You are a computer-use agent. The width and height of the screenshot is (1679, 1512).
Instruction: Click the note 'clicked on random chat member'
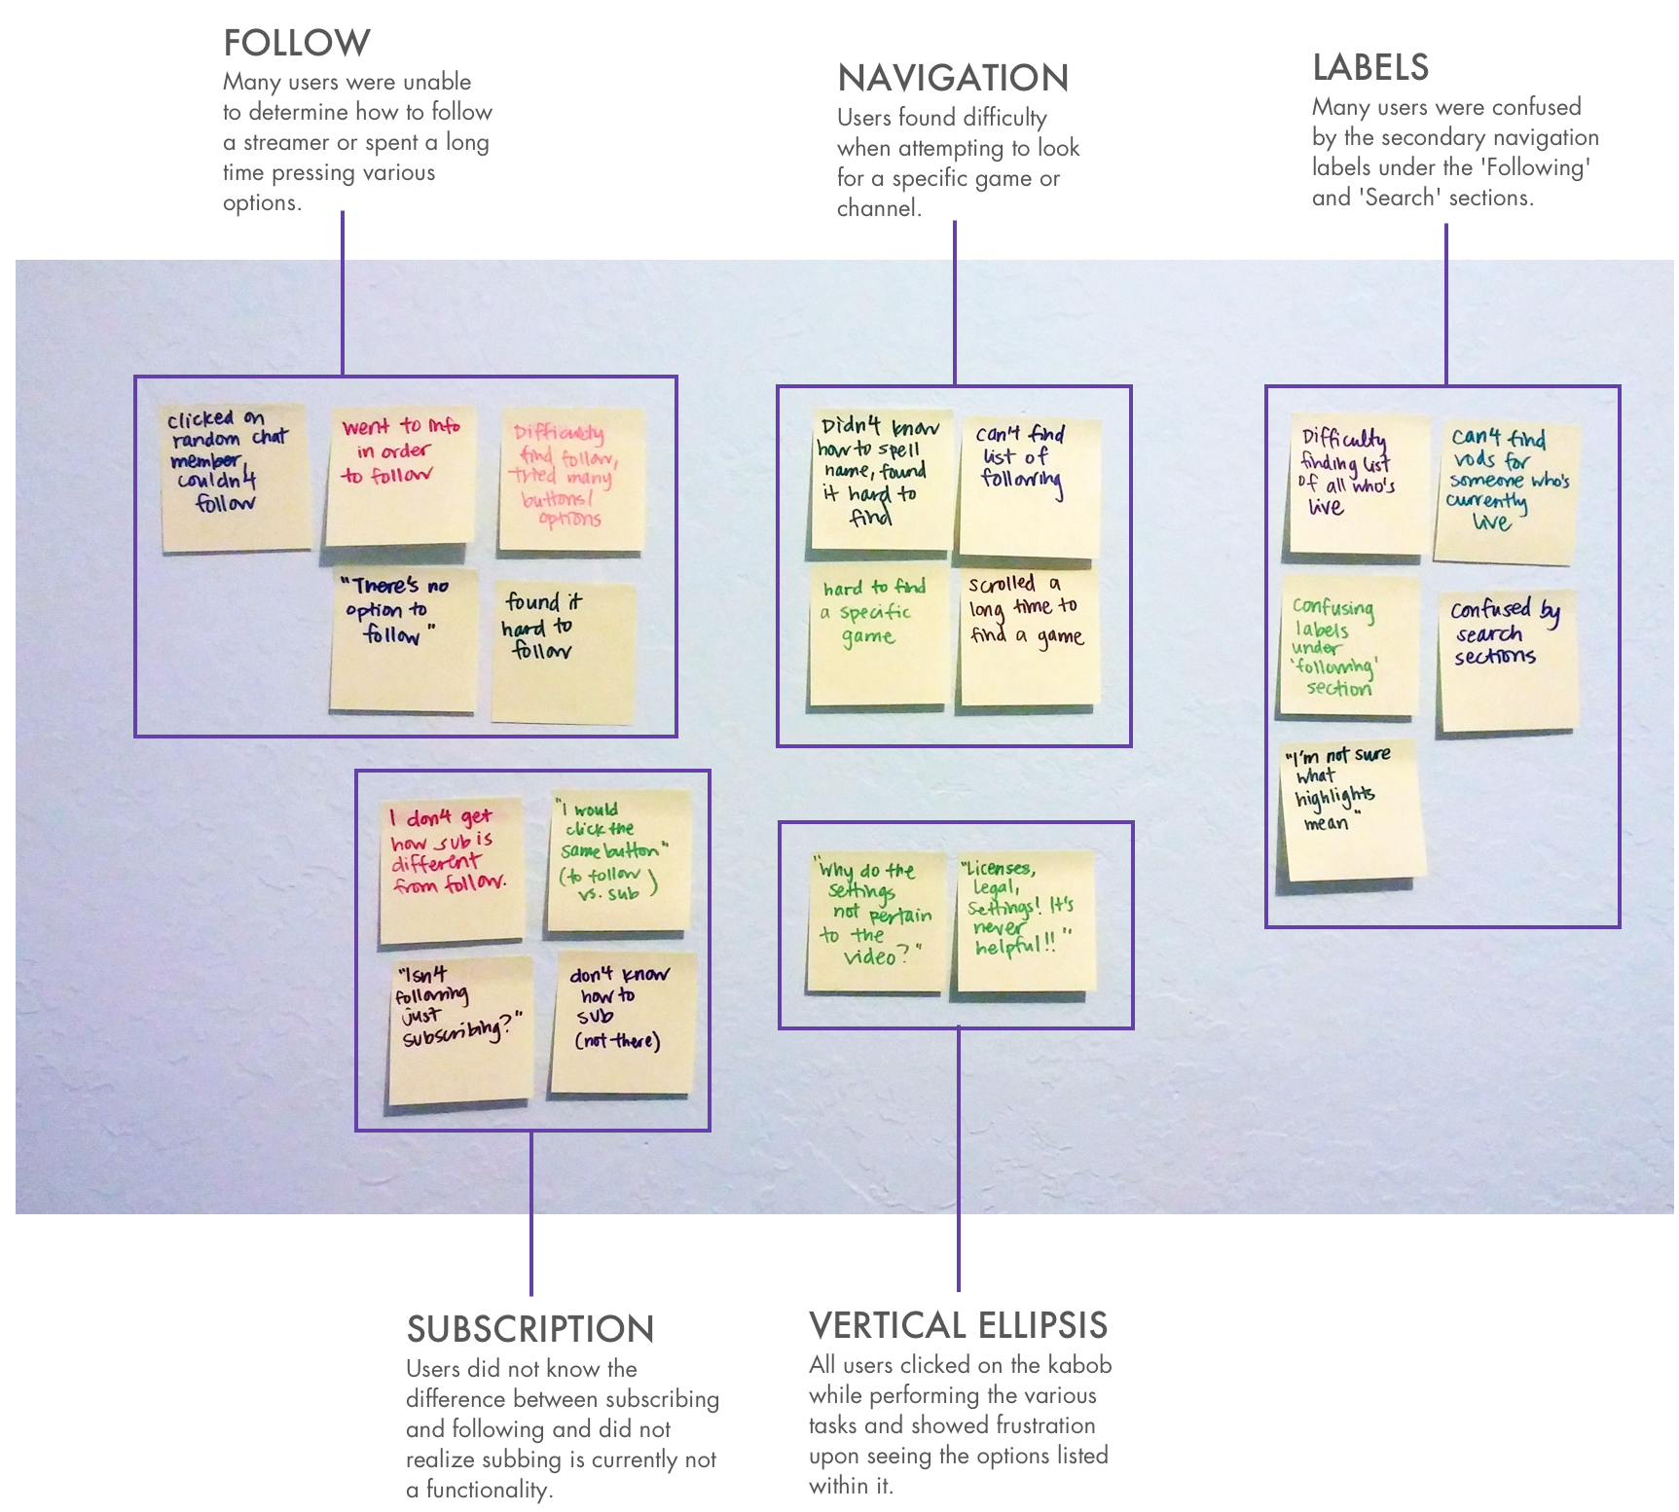[234, 477]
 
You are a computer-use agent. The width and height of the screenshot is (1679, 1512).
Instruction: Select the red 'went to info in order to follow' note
[400, 476]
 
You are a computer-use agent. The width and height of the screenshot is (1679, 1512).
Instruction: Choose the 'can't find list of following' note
[1028, 486]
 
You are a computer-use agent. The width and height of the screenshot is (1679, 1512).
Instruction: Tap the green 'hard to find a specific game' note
[878, 636]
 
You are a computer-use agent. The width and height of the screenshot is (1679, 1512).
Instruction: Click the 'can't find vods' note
[1506, 491]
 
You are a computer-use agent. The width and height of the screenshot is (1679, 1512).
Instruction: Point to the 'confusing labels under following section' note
[1347, 647]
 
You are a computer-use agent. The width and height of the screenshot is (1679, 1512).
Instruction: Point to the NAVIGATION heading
[954, 79]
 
